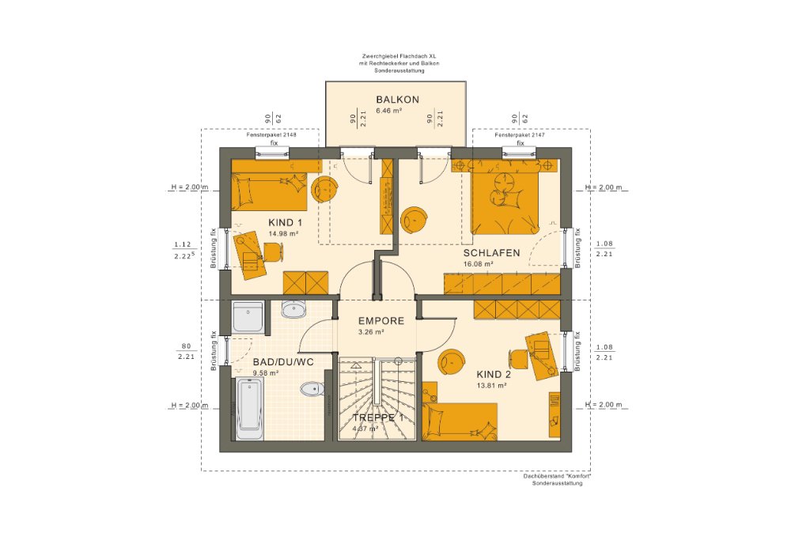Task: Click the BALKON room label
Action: pos(397,100)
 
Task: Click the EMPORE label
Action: pos(380,321)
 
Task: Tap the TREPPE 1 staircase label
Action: pos(377,417)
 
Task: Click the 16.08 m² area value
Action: pos(479,264)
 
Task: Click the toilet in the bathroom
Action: pos(311,388)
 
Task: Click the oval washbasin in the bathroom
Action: pos(293,309)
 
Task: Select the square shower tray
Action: pos(248,316)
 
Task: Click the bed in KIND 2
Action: pos(460,420)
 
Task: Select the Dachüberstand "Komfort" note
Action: pos(557,476)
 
